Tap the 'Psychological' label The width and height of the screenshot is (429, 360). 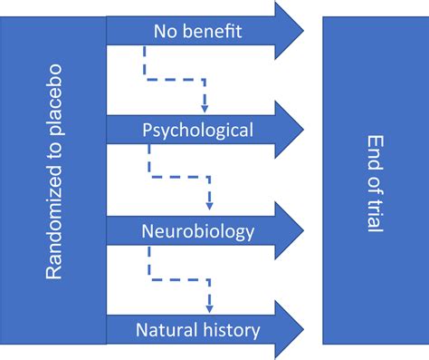pyautogui.click(x=197, y=130)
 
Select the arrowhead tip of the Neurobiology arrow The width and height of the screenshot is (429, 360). pyautogui.click(x=302, y=230)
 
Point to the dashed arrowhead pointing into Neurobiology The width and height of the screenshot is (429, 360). pyautogui.click(x=210, y=203)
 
